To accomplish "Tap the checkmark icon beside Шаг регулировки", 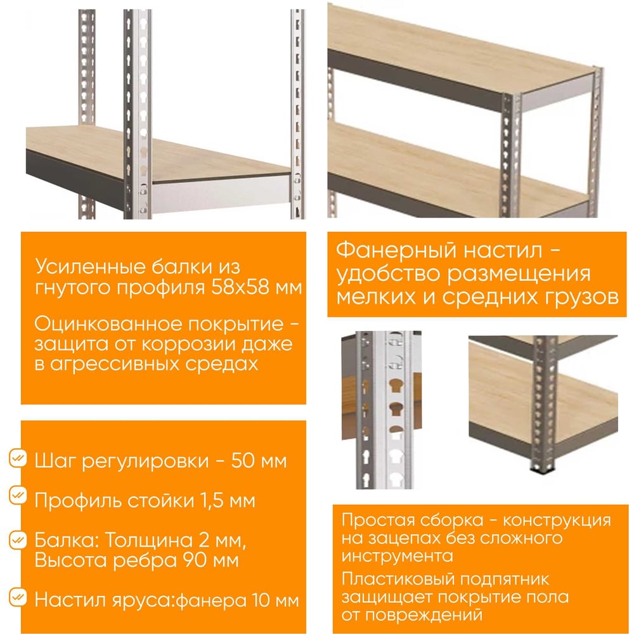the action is [18, 458].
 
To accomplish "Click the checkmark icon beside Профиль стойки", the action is [18, 495].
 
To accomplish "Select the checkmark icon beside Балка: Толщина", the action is [18, 540].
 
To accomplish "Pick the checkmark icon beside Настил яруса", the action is [18, 597].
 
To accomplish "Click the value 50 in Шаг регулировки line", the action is [243, 461].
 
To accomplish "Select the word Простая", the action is [372, 521].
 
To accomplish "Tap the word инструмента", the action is [397, 556].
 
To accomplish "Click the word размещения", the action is [519, 275].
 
